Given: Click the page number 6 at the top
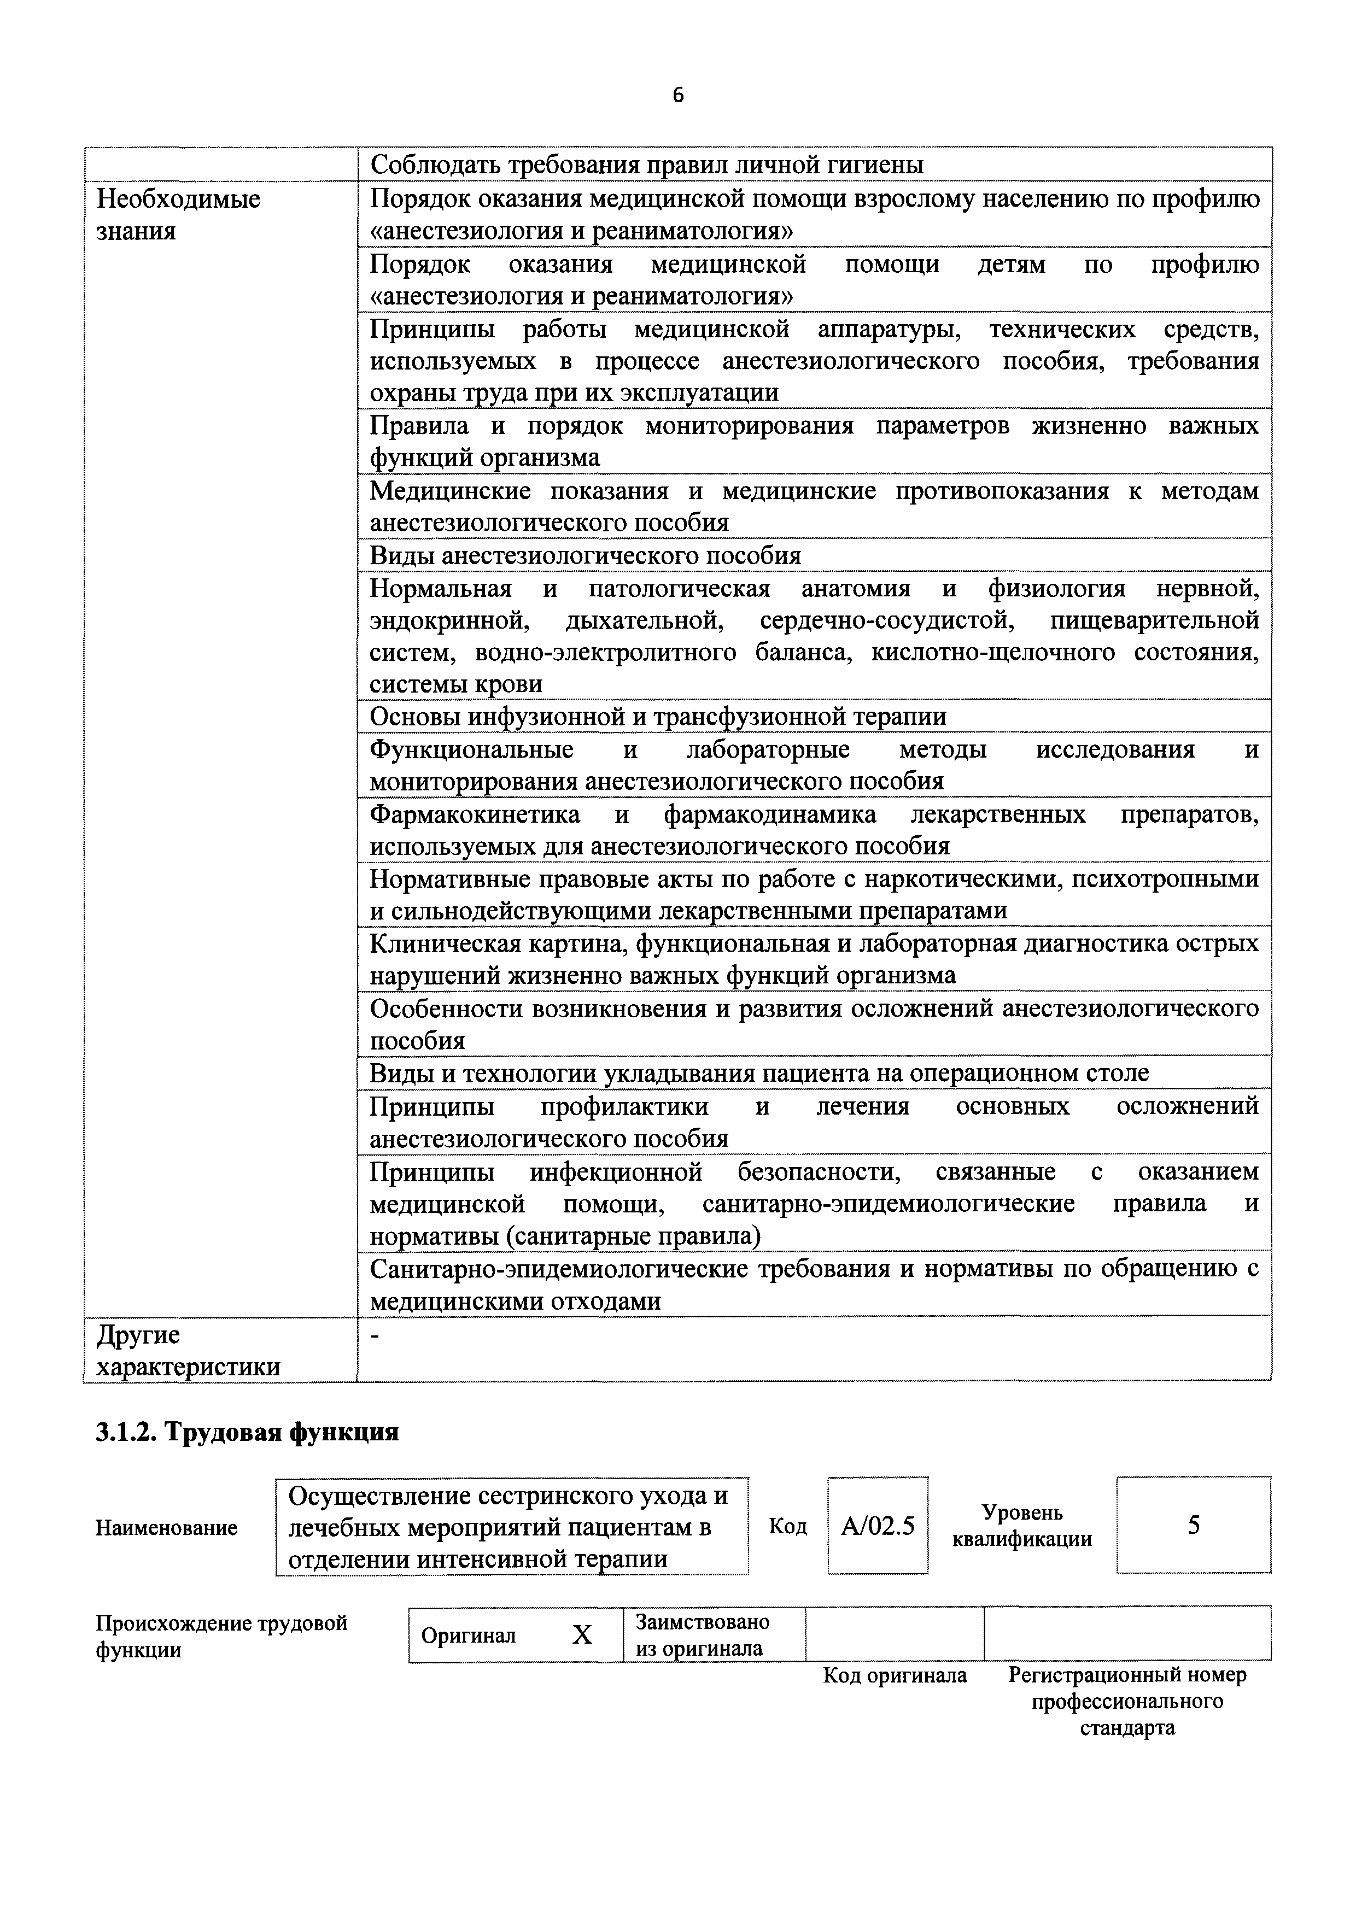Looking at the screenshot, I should [x=677, y=96].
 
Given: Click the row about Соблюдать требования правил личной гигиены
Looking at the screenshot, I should [x=646, y=165].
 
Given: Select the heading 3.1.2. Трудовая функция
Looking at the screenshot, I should [x=247, y=1432].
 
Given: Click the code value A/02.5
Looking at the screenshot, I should [x=878, y=1526].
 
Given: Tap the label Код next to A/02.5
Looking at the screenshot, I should [x=787, y=1526].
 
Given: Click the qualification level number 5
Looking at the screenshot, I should [x=1193, y=1526].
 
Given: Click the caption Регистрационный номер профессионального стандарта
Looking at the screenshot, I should [x=1127, y=1701].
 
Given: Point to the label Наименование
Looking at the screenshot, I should [x=166, y=1528].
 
